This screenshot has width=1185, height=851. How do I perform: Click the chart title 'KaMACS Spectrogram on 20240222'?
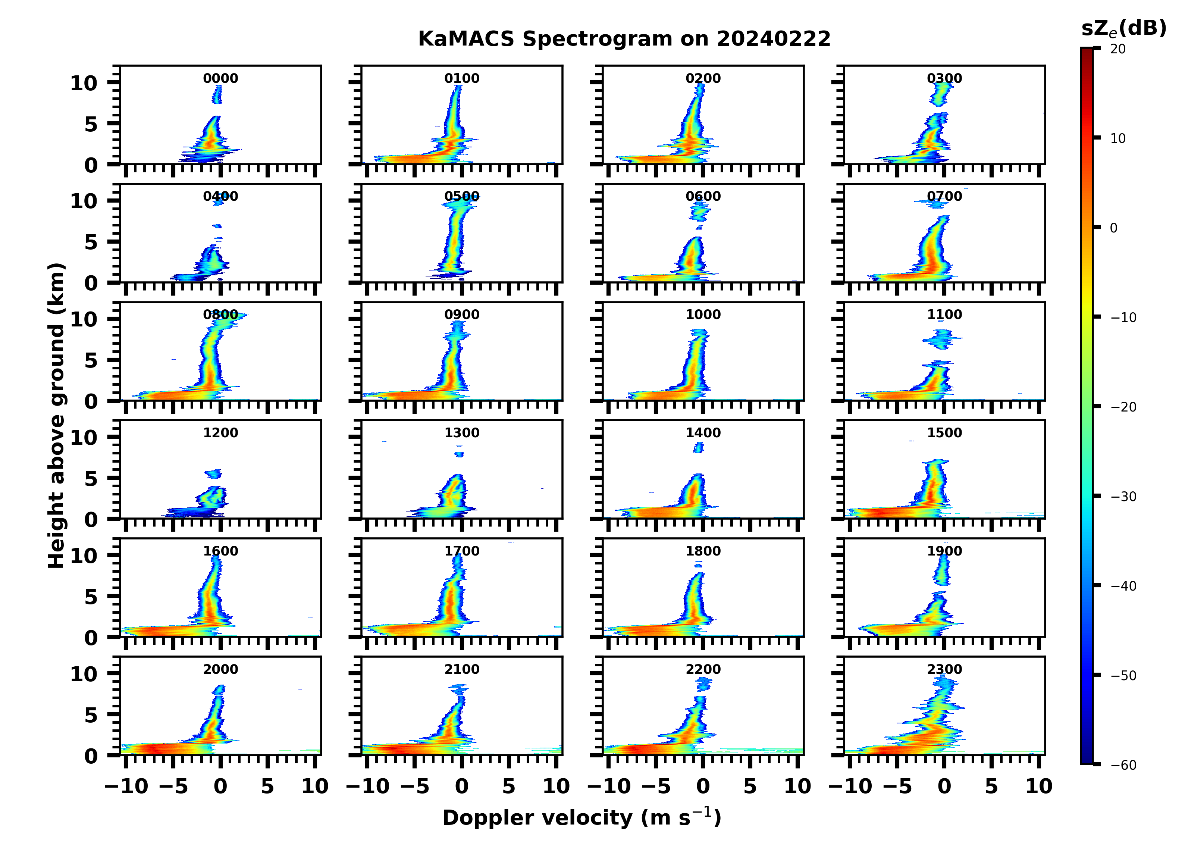click(x=624, y=39)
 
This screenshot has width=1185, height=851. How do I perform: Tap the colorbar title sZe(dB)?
click(x=1123, y=29)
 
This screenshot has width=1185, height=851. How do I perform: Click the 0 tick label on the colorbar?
click(x=1113, y=228)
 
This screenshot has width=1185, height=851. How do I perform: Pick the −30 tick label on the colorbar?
click(x=1121, y=497)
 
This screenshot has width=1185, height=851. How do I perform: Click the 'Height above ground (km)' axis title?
click(x=56, y=416)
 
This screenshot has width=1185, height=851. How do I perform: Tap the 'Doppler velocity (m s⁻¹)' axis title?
click(x=581, y=817)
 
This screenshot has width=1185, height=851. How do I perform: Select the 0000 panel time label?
click(x=220, y=78)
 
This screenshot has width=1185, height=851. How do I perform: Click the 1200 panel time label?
click(x=220, y=433)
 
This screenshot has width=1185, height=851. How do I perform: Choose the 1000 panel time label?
click(x=703, y=315)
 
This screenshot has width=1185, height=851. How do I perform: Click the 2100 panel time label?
click(x=462, y=669)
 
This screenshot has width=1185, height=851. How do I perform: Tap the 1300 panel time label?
click(x=462, y=433)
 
